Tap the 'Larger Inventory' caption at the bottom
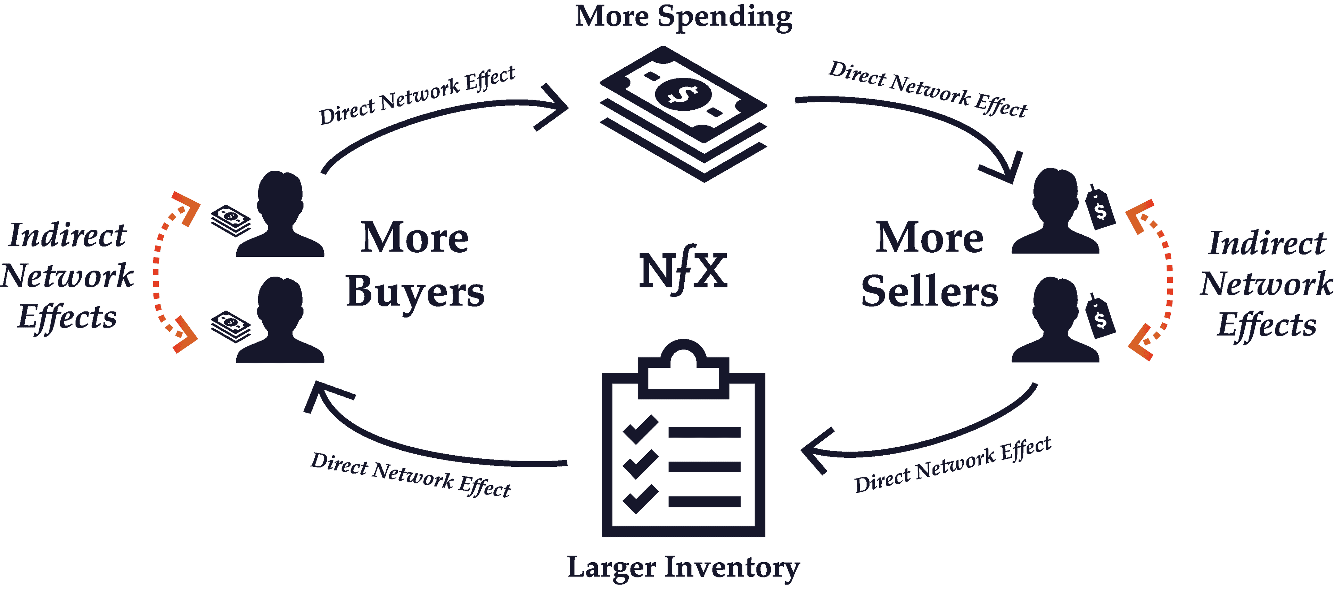684,568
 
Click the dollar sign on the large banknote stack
683,94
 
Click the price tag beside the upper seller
1100,208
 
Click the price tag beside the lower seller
1100,317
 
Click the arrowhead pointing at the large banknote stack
553,107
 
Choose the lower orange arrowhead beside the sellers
1140,342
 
